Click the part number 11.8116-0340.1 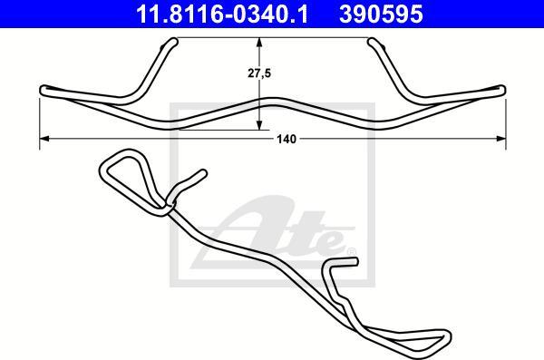[x=222, y=14]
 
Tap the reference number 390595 [x=381, y=14]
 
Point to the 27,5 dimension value [x=259, y=73]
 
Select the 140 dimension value [x=287, y=140]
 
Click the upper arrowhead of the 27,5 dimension [x=259, y=43]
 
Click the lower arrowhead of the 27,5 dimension [x=259, y=125]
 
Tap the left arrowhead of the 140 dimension [x=45, y=139]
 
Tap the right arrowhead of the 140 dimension [x=500, y=139]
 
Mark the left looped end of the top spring [x=44, y=91]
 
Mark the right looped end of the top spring [x=501, y=90]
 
